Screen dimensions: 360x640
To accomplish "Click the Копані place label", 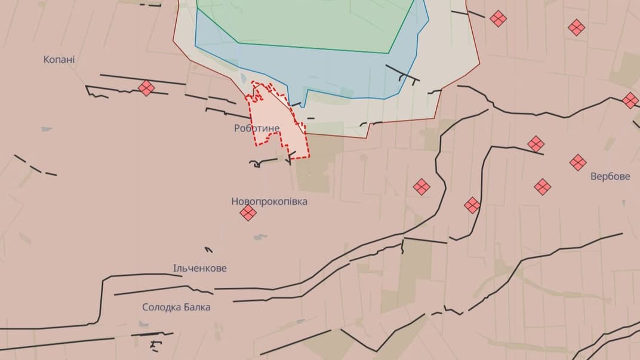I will tap(59, 60).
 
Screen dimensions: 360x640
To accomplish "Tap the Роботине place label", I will tap(257, 128).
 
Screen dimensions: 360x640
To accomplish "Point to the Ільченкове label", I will tap(200, 269).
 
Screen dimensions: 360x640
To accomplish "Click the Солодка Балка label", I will tap(176, 307).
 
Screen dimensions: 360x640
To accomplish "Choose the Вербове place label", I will tap(610, 177).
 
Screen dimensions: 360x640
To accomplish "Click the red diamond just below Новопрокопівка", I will tap(248, 213).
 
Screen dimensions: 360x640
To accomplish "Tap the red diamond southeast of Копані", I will tap(146, 88).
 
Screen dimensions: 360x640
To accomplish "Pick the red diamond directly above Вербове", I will tap(578, 162).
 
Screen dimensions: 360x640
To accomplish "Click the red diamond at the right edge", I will tap(630, 100).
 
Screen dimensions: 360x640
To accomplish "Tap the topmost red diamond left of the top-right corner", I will tap(498, 19).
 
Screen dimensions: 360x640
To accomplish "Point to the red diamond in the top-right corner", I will tap(576, 27).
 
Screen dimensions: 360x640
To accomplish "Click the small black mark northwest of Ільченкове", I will tap(208, 250).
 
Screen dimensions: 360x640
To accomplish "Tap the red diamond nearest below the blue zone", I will tap(422, 187).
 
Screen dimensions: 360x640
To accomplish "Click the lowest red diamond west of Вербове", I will tap(472, 205).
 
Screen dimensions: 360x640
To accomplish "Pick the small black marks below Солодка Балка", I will tap(156, 344).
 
